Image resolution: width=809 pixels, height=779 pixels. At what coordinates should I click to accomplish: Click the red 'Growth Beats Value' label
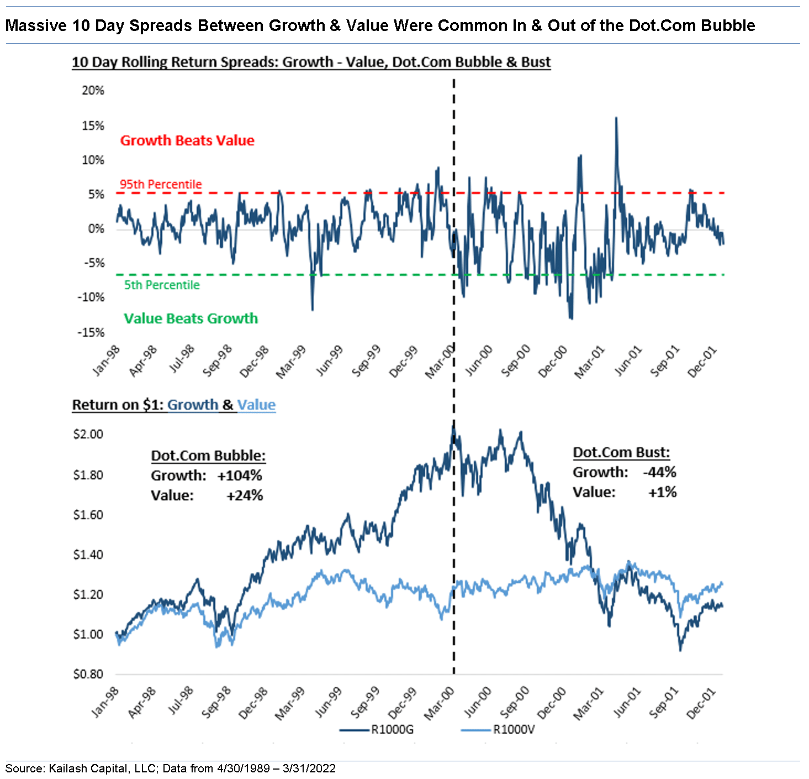coord(187,140)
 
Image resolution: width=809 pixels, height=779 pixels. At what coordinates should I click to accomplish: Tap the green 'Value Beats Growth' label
coord(191,318)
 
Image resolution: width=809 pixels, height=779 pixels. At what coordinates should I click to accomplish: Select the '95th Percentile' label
coord(161,184)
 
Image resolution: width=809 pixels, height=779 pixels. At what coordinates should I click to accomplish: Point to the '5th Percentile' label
coord(162,285)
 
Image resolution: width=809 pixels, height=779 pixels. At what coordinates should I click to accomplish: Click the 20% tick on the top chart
coord(93,91)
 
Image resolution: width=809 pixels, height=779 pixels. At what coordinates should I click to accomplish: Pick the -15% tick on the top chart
coord(91,332)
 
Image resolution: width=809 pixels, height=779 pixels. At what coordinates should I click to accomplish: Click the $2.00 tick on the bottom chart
coord(88,434)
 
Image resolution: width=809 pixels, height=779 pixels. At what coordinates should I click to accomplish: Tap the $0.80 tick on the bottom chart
coord(88,674)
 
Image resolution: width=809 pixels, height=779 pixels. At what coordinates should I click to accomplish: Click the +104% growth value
coord(240,475)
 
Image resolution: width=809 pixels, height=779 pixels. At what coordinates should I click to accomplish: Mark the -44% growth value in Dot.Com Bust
coord(659,472)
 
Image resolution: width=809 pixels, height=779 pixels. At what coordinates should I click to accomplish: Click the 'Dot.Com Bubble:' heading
coord(208,456)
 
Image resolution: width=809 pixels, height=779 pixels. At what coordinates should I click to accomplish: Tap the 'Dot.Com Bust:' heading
coord(621,452)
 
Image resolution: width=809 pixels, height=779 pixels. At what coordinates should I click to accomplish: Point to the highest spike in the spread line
coord(616,118)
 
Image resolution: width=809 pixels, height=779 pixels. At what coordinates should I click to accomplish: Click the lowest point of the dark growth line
coord(680,650)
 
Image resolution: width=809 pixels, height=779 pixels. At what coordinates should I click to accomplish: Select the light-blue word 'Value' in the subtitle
coord(256,405)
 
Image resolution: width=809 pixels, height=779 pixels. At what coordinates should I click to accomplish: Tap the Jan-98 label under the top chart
coord(106,360)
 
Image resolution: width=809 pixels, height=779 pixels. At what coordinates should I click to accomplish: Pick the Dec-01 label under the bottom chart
coord(701,703)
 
